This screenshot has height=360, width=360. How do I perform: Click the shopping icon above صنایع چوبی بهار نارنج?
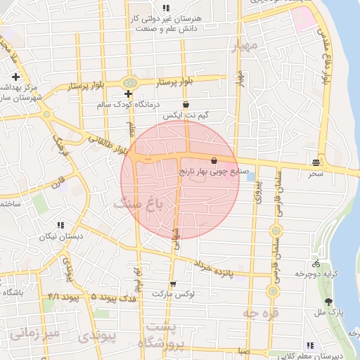pyautogui.click(x=214, y=160)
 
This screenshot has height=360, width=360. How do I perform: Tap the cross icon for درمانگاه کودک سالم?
pyautogui.click(x=128, y=94)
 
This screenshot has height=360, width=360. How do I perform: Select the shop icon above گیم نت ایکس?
pyautogui.click(x=186, y=103)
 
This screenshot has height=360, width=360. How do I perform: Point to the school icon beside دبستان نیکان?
pyautogui.click(x=60, y=225)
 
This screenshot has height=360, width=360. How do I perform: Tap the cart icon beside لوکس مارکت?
pyautogui.click(x=173, y=283)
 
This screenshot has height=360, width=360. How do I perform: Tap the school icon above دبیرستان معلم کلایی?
pyautogui.click(x=310, y=345)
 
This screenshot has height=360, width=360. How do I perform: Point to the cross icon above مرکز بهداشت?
pyautogui.click(x=15, y=76)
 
